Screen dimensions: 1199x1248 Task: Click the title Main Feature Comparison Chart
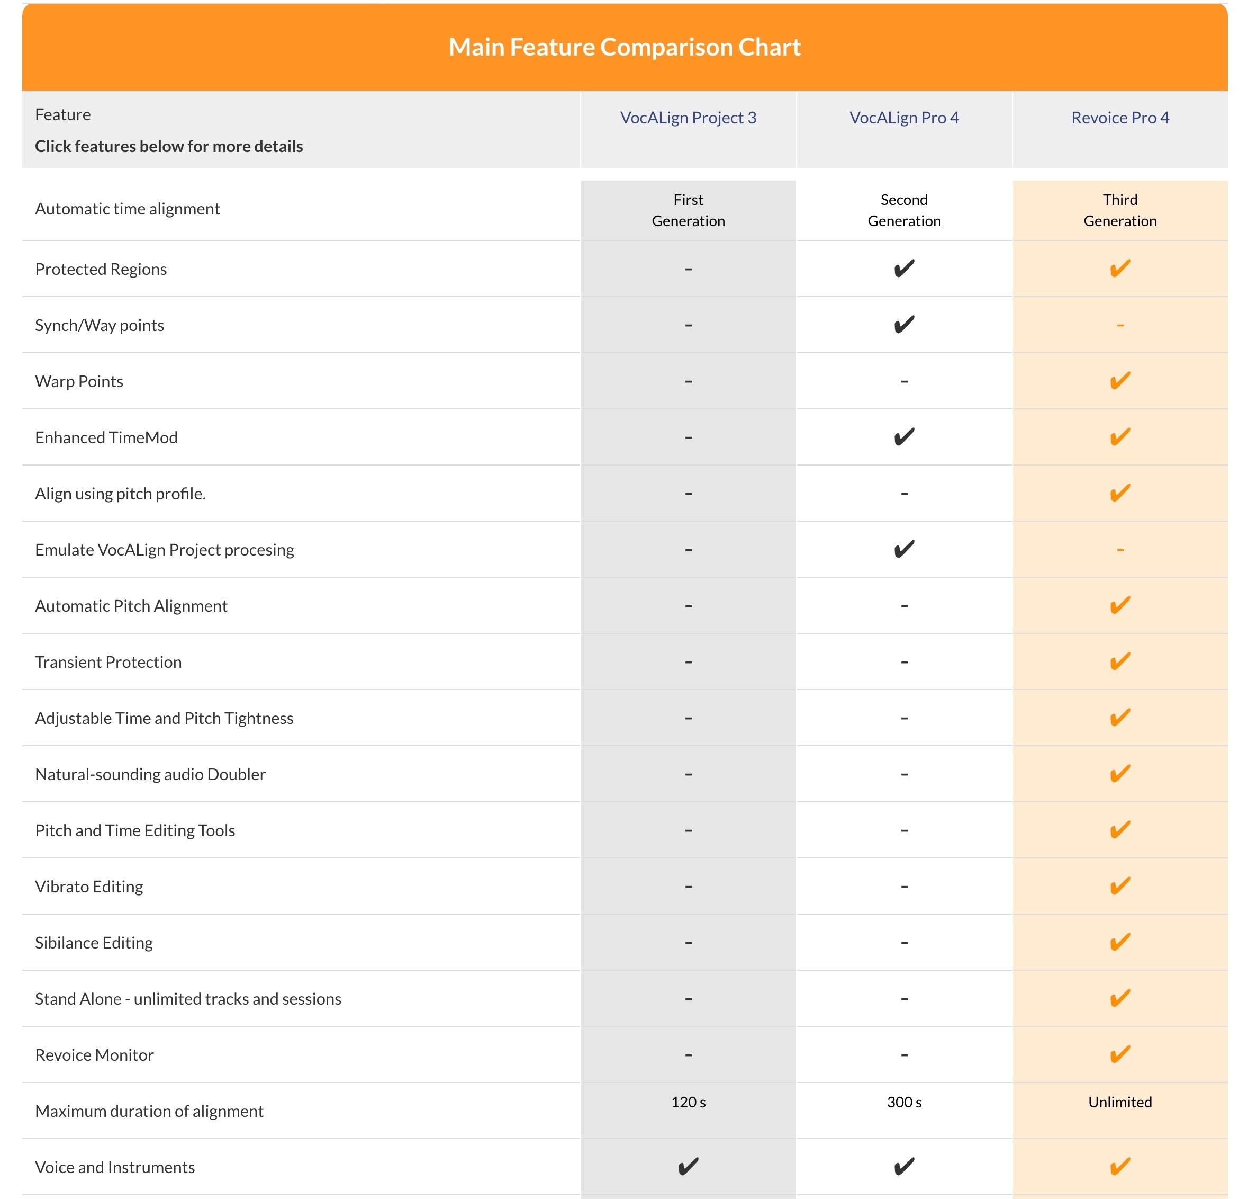click(624, 47)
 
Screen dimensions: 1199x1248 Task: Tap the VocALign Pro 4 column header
click(903, 118)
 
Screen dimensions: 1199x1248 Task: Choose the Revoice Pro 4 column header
click(1119, 118)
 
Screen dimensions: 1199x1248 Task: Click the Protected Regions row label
click(101, 269)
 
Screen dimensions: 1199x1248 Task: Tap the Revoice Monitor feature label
click(94, 1054)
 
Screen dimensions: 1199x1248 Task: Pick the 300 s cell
click(903, 1102)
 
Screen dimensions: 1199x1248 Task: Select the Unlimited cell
click(1119, 1102)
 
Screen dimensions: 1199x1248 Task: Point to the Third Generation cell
click(1119, 210)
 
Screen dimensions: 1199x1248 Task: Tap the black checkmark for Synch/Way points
click(903, 325)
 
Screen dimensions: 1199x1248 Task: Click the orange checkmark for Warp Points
click(1119, 381)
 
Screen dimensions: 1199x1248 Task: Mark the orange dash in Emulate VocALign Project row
click(1119, 549)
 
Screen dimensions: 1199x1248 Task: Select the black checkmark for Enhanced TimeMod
click(903, 437)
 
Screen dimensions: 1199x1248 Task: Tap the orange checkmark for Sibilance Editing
click(1119, 942)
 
